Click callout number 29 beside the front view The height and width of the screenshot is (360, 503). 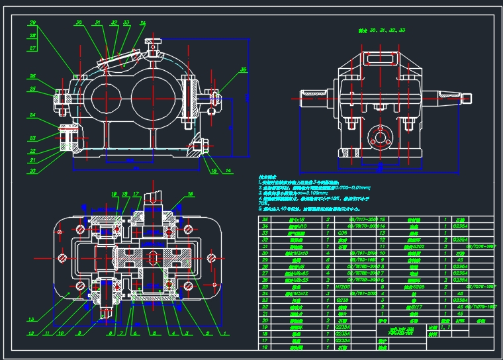(32, 23)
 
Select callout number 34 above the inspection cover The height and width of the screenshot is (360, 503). (142, 23)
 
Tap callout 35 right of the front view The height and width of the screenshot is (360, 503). (244, 69)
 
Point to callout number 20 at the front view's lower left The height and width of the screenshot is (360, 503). (32, 170)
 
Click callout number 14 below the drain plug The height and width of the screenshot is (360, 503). (228, 170)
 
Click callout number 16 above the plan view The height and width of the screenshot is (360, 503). (191, 195)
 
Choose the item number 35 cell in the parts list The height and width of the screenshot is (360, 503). (265, 220)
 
